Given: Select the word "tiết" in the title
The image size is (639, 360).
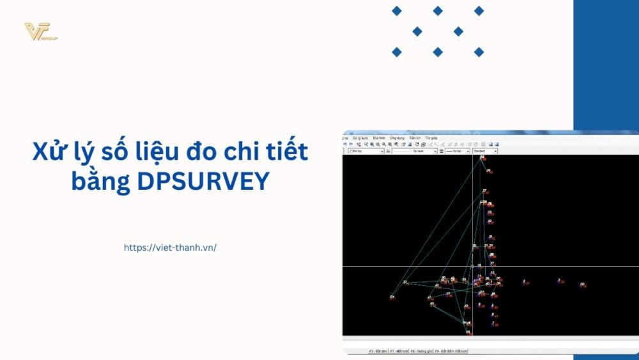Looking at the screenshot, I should coord(288,152).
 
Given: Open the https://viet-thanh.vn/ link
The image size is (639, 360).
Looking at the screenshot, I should coord(170,247).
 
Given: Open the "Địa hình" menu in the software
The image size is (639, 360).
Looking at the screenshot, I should coord(379,137).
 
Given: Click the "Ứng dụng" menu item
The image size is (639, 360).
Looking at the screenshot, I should coord(397,137).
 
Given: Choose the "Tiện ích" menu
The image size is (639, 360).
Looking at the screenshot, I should coord(415,137).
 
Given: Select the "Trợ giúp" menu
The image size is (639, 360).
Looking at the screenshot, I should coord(431,137).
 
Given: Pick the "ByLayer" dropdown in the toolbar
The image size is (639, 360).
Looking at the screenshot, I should coord(415,152).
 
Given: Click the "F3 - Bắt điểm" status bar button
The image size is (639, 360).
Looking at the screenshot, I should coord(378,351).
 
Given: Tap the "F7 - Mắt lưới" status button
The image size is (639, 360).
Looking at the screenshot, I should coord(399,351).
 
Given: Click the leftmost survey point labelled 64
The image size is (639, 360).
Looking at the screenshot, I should coord(392,297).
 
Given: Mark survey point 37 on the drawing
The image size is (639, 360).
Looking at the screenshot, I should coord(404,282).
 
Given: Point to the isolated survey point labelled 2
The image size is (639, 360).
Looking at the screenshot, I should coord(524,281).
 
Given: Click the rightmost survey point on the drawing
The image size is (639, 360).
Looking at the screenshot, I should coord(582,285).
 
